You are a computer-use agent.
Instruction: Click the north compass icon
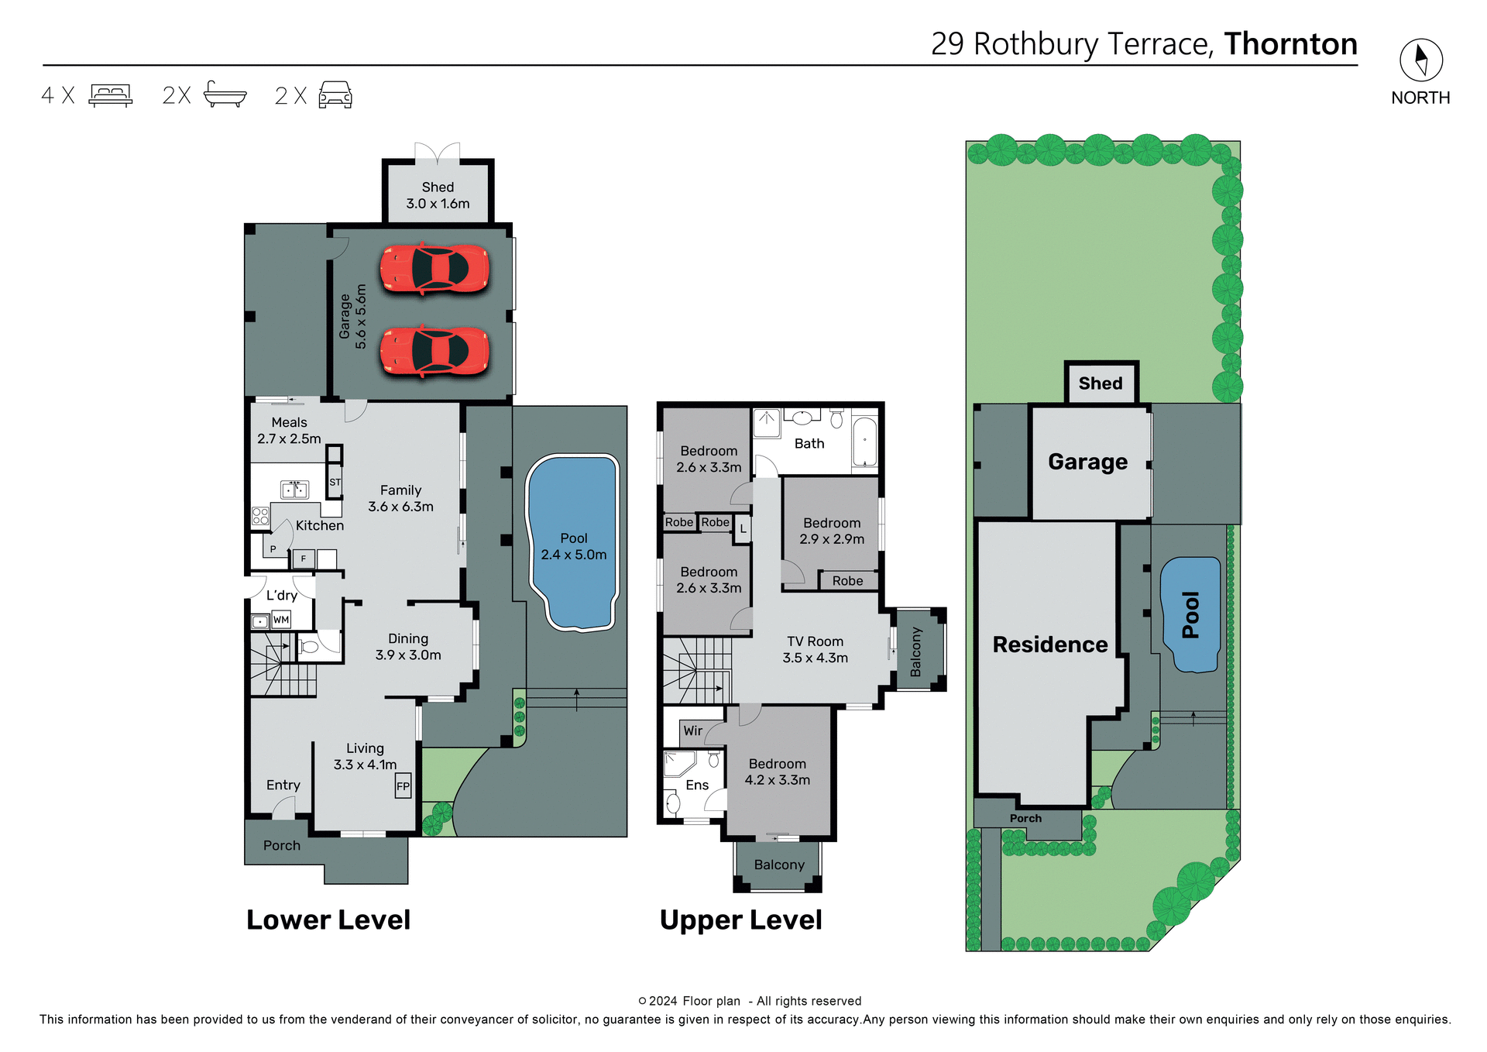tap(1420, 60)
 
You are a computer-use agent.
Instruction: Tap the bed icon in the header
tap(111, 95)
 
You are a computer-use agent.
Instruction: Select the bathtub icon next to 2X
tap(225, 95)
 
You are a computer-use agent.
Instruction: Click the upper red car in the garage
tap(434, 269)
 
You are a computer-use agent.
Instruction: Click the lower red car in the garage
tap(434, 351)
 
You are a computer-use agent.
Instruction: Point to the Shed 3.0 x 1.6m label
tap(438, 195)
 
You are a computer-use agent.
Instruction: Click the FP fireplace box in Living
tap(403, 786)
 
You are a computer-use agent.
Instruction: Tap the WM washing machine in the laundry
tap(281, 620)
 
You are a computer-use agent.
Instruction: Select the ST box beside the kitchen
tap(335, 482)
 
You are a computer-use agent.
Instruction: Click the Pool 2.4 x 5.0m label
tap(573, 546)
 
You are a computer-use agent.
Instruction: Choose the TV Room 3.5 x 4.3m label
tap(815, 649)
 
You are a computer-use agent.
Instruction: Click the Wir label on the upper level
tap(692, 731)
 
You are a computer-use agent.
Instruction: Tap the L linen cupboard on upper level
tap(743, 529)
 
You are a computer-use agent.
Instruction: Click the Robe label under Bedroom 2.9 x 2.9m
tap(847, 580)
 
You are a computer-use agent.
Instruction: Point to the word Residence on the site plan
tap(1049, 645)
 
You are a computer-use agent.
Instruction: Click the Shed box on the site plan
tap(1101, 383)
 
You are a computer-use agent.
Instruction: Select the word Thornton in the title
tap(1290, 44)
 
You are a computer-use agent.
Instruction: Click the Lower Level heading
tap(328, 920)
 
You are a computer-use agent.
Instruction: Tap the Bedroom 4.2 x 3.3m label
tap(777, 772)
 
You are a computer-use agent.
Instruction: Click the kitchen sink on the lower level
tap(294, 490)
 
